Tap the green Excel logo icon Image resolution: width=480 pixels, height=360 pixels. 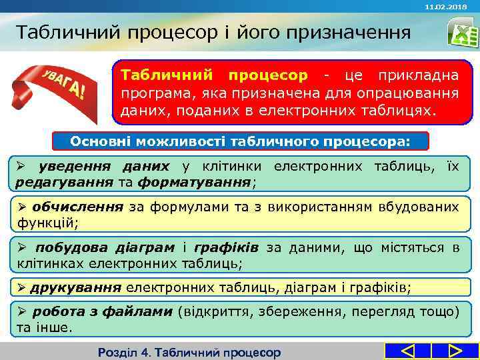click(458, 33)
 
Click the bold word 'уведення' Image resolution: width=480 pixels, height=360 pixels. click(64, 166)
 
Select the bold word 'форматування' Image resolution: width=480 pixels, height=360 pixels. click(195, 181)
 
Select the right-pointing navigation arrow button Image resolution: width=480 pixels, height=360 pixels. click(456, 351)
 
